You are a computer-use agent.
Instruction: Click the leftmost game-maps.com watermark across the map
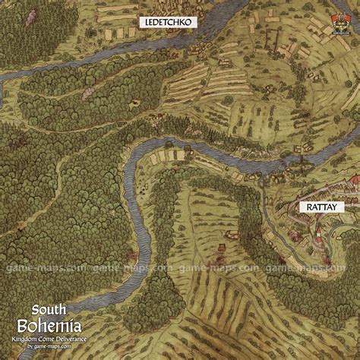click(31, 268)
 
